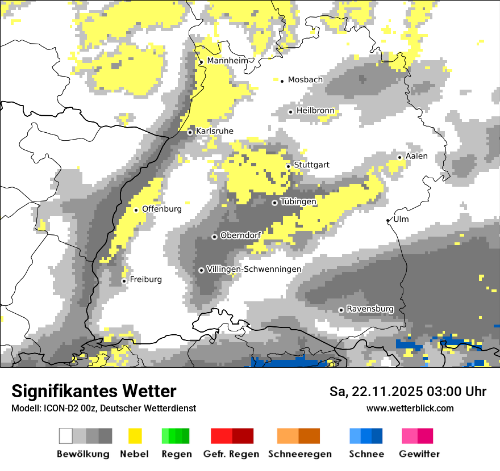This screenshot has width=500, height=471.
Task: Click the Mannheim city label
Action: coord(228,61)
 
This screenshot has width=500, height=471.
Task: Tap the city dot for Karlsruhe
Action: coord(190,132)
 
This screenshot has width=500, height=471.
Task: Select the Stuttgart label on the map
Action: coord(311,165)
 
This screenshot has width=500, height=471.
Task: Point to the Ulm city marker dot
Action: coord(388,220)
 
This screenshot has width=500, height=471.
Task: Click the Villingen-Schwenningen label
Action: coord(254,269)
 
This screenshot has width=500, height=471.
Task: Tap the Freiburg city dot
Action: coord(124,281)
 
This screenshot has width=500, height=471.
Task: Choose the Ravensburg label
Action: coord(370,309)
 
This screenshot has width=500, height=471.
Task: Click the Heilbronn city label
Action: coord(315,111)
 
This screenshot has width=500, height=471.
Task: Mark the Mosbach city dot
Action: coord(282,81)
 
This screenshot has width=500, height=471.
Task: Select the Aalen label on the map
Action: coord(416,156)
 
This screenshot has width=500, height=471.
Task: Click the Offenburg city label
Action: coord(161,209)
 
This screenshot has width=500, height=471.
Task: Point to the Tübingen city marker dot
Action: coord(274,203)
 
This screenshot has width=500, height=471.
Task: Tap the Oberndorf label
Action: coord(240,235)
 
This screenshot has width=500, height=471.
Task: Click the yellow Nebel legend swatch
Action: coord(135,436)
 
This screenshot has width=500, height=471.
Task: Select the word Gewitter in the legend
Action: coord(419,454)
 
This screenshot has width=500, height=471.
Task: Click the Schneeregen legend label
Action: coord(300,454)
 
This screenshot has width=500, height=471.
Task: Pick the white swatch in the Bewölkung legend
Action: coord(65,436)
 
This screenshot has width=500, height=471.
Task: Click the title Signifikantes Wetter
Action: coord(94,391)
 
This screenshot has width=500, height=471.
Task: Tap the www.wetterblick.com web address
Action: coord(410,408)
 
